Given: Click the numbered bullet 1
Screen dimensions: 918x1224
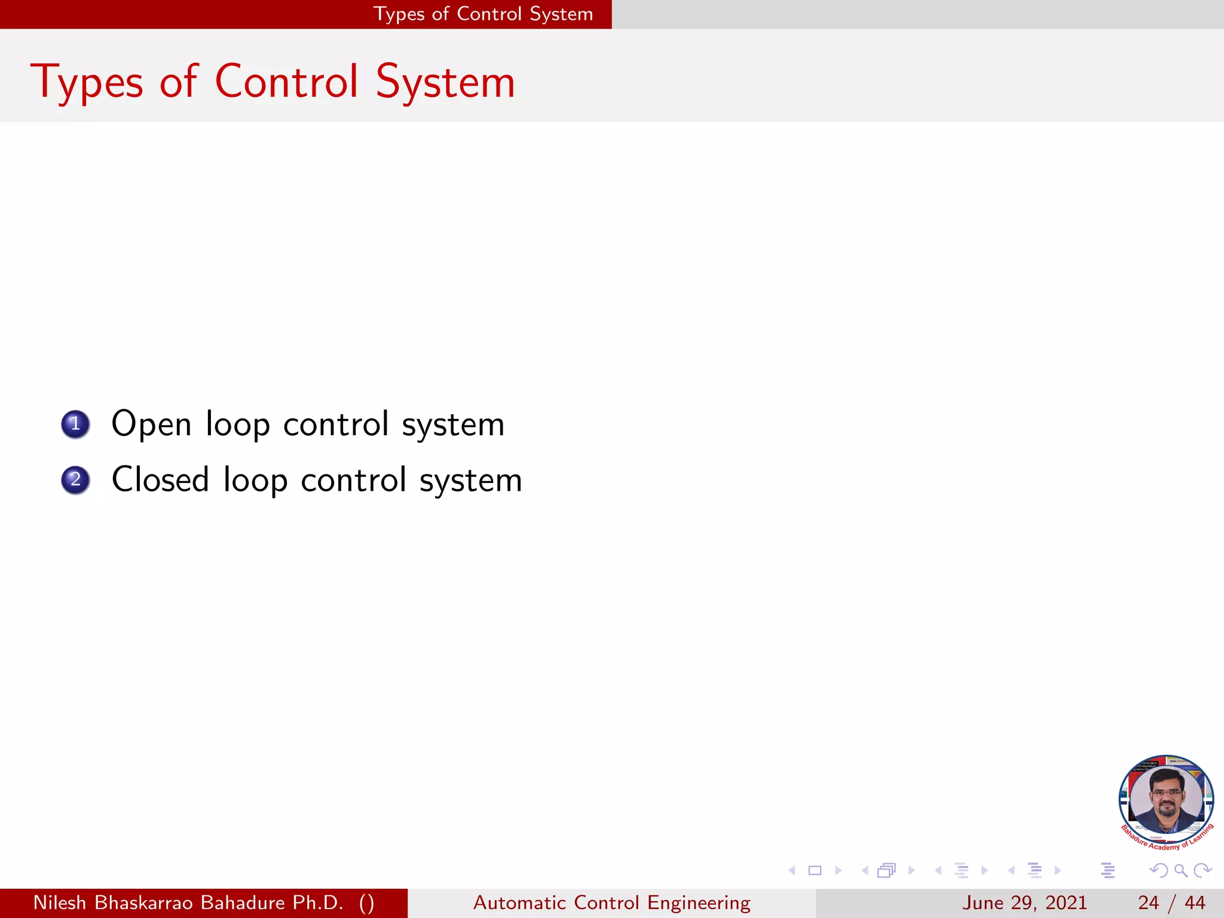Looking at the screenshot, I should coord(75,424).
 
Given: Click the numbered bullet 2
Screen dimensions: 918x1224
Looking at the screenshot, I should coord(75,480).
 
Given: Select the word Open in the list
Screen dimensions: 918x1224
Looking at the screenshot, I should coord(151,425).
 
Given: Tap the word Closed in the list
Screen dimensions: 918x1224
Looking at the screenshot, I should coord(160,480).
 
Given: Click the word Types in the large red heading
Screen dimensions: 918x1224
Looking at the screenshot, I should coord(87,82).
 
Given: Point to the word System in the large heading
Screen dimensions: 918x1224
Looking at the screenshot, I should coord(445,82).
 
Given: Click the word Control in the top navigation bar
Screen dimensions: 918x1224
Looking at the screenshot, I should coord(489,14).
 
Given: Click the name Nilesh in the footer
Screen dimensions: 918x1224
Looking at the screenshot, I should coord(60,902).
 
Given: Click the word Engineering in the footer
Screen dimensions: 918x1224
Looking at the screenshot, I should coord(699,903).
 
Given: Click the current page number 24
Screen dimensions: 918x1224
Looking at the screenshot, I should coord(1149,902).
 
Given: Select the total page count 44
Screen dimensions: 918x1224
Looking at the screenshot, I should coord(1195,902).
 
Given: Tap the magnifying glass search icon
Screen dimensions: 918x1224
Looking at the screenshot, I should coord(1180,870).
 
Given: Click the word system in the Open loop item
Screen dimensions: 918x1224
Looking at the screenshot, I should coord(453,426).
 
